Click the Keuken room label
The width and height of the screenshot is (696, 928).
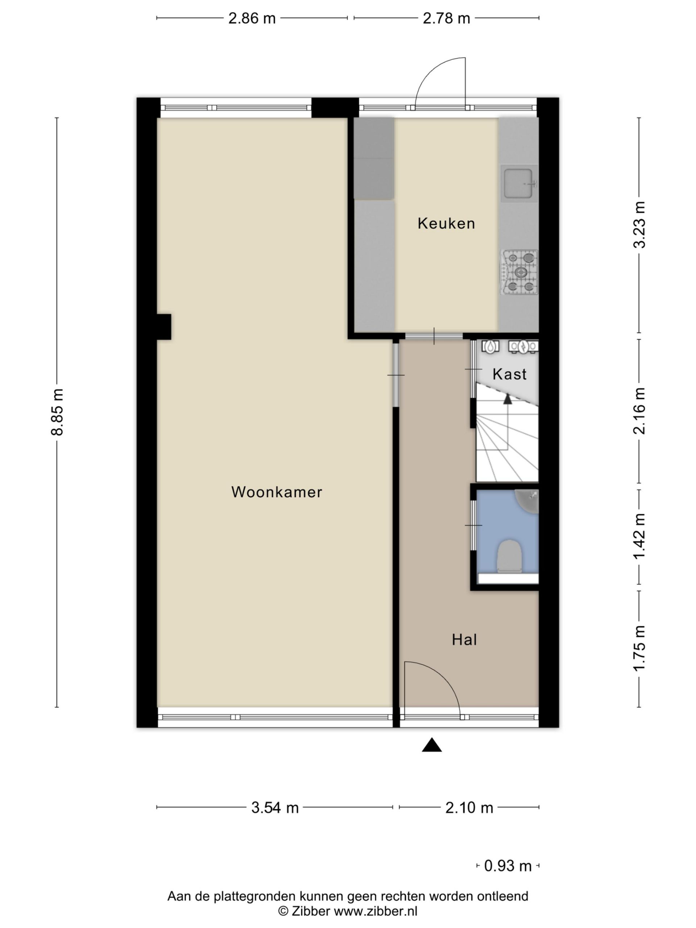[446, 223]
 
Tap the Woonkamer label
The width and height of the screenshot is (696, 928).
[277, 492]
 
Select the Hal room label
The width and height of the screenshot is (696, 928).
[464, 640]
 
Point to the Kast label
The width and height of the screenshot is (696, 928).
[509, 374]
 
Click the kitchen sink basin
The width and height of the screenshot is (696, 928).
[519, 183]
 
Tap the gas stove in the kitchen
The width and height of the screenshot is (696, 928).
[519, 272]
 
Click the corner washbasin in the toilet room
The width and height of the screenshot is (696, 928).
[529, 501]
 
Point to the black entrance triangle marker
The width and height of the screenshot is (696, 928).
[432, 745]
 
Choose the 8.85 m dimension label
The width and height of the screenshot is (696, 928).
[57, 412]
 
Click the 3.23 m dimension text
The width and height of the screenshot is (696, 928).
[639, 225]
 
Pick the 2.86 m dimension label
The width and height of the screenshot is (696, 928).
[252, 18]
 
